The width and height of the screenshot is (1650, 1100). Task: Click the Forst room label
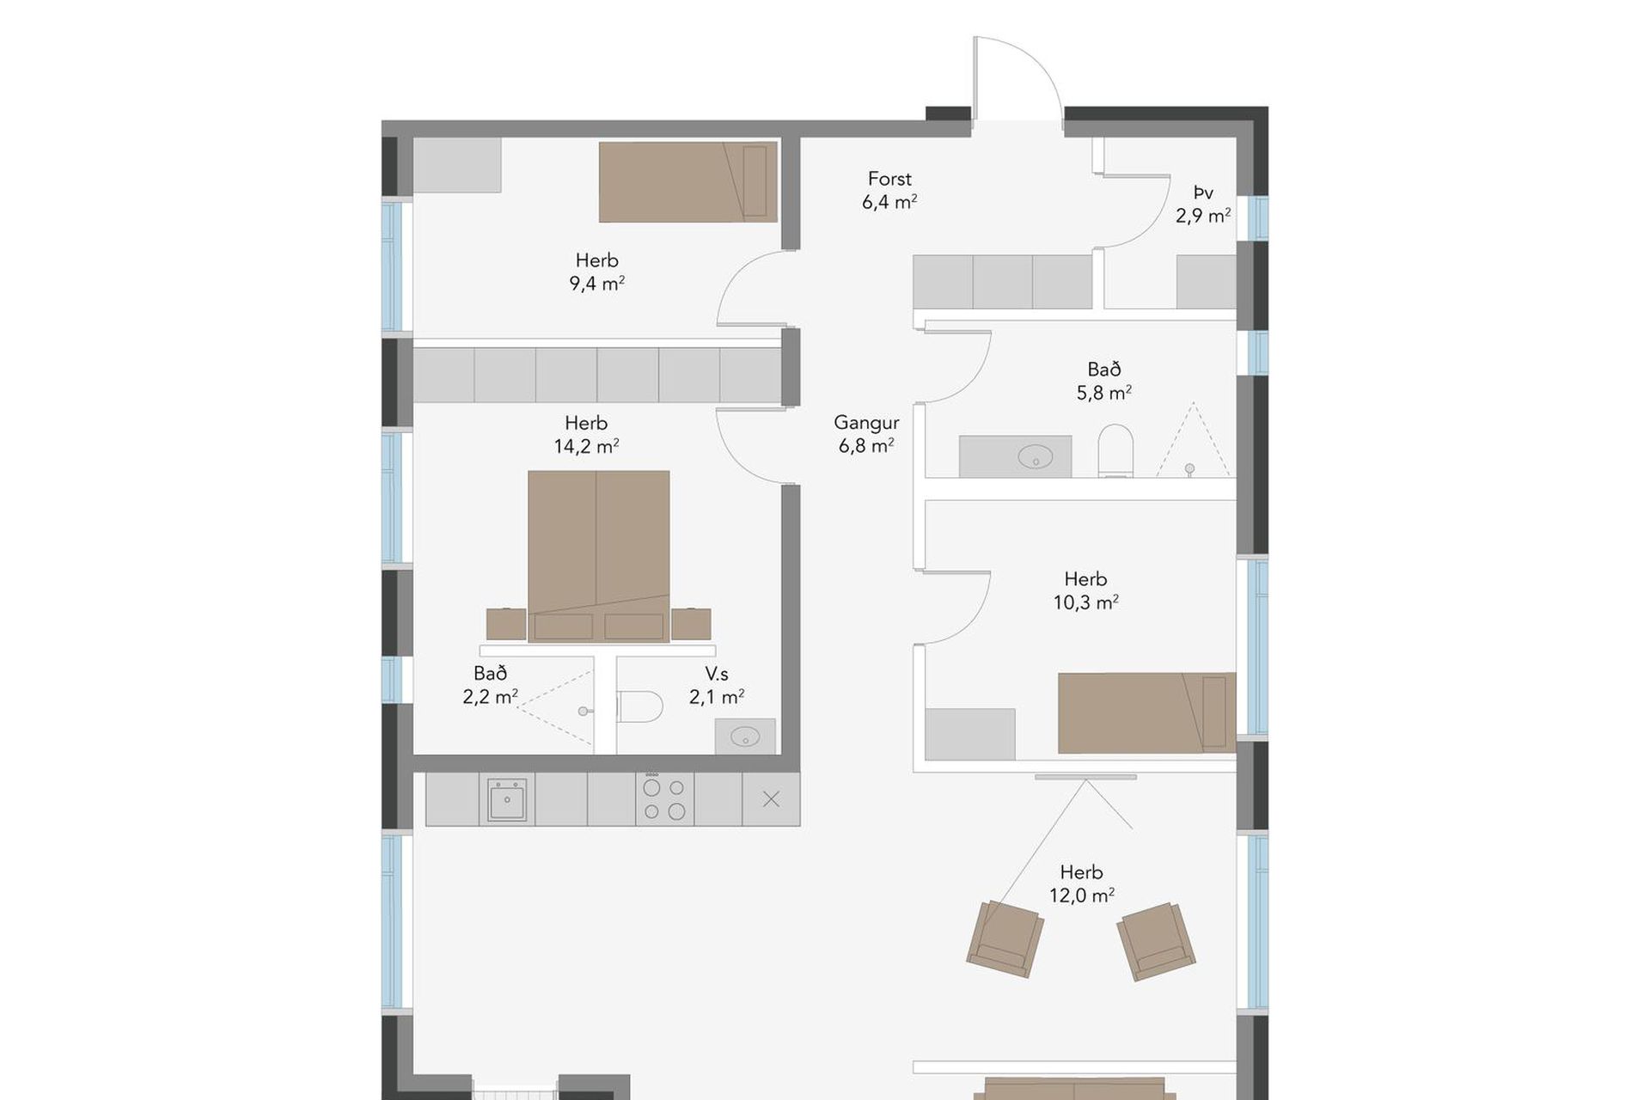coord(889,179)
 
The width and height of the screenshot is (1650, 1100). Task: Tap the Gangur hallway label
coord(866,423)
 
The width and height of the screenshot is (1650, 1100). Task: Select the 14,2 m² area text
coord(587,446)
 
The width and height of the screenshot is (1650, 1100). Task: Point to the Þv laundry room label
coord(1203,192)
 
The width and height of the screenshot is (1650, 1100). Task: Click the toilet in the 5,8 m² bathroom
coord(1115,450)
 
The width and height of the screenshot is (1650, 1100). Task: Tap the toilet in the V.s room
coord(640,706)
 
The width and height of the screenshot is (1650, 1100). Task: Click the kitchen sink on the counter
coord(507,799)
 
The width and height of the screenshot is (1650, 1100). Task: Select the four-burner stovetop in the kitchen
coord(664,798)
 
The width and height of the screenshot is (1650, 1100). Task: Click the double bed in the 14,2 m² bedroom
coord(599,556)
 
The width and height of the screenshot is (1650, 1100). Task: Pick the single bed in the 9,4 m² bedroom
coord(688,182)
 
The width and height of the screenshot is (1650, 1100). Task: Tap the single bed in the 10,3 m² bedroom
coord(1147,713)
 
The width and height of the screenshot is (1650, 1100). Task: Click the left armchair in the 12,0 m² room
coord(1005,938)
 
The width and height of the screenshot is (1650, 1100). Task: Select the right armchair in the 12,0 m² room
coord(1156,941)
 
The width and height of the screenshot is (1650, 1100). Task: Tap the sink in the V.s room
coord(745,736)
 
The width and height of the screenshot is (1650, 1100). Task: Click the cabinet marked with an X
coord(772,799)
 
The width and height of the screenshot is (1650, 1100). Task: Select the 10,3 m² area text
coord(1086,602)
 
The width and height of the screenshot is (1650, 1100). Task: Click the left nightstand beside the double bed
coord(506,624)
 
